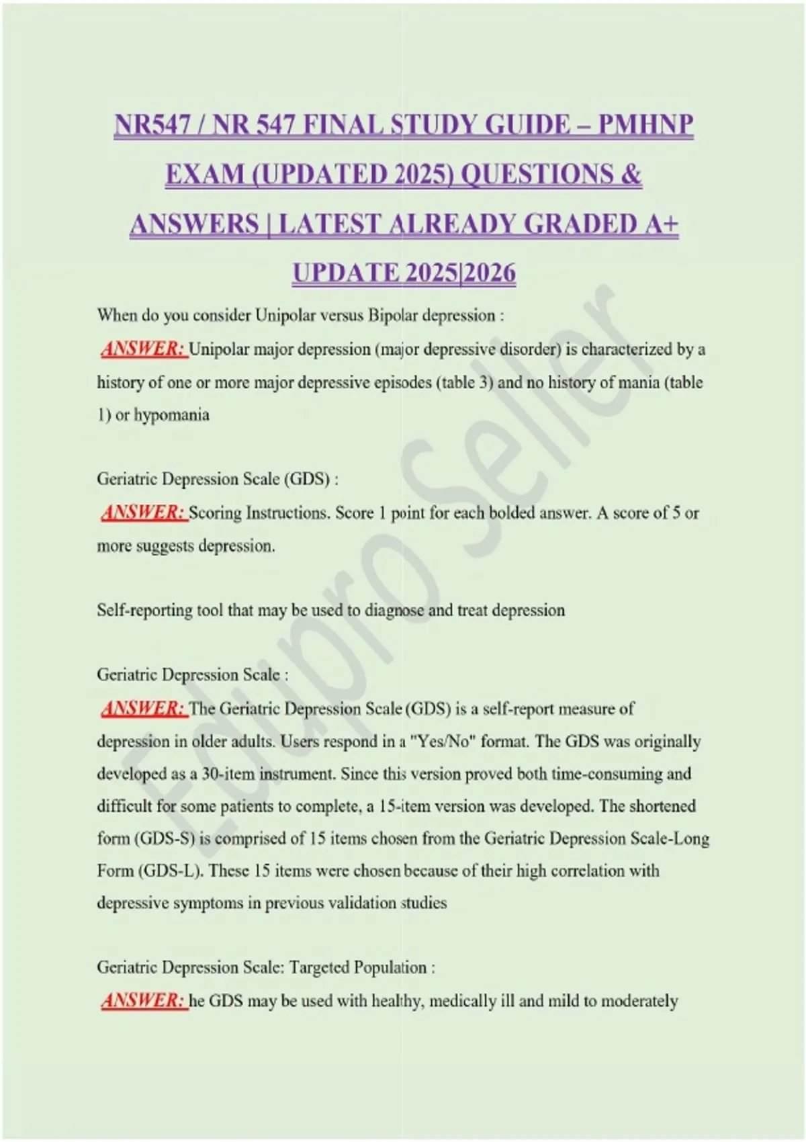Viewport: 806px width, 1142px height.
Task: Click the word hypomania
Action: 171,414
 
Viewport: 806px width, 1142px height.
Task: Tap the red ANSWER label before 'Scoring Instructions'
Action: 142,513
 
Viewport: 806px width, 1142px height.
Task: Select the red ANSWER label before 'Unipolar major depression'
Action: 142,349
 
